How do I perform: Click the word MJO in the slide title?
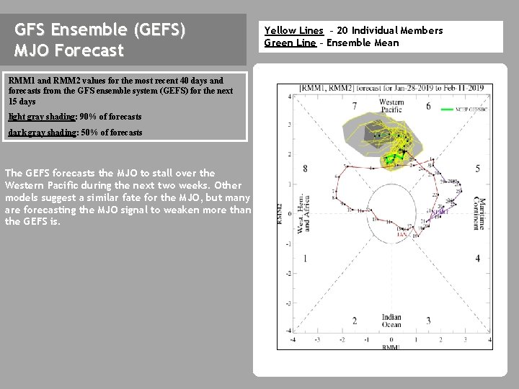point(31,51)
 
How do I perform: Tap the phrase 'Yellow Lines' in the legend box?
point(293,30)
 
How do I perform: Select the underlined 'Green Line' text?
point(290,43)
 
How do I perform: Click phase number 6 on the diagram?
point(428,106)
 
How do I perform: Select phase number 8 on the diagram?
point(305,169)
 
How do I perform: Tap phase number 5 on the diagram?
point(478,169)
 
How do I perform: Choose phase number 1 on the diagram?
point(305,258)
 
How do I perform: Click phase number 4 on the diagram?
point(478,258)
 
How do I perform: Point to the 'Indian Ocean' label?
point(391,321)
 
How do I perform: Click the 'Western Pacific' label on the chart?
point(391,106)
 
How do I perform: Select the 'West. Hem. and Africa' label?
point(303,213)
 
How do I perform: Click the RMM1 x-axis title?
point(391,347)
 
